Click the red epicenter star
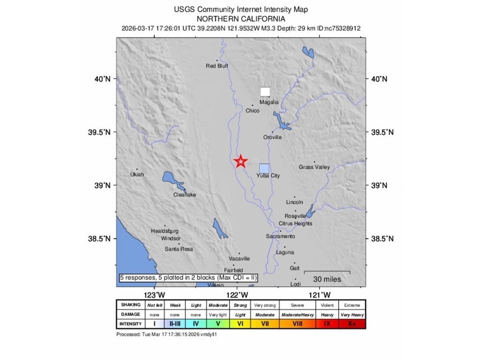241,161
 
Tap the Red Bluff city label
217,66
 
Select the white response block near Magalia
265,92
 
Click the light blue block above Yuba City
264,168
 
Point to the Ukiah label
137,175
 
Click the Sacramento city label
280,236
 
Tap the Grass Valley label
314,167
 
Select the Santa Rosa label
179,249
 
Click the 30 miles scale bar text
327,279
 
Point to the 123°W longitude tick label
155,296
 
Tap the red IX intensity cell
327,324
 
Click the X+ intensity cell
351,324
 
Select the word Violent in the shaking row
327,305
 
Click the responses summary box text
188,278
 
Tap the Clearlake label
185,195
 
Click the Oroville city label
272,137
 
